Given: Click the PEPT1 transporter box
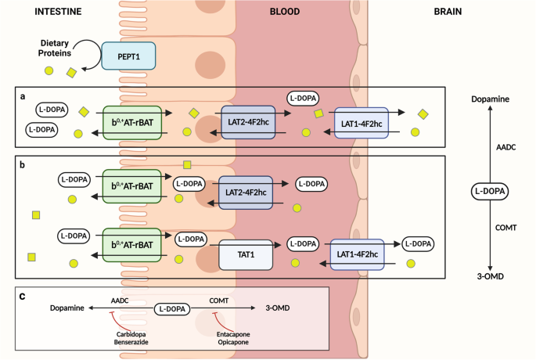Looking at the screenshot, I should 129,56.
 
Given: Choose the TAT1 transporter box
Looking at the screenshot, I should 244,254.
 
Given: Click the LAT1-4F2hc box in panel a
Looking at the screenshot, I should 361,124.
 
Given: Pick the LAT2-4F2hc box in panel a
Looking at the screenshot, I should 247,124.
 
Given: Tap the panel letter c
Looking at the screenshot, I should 21,296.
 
